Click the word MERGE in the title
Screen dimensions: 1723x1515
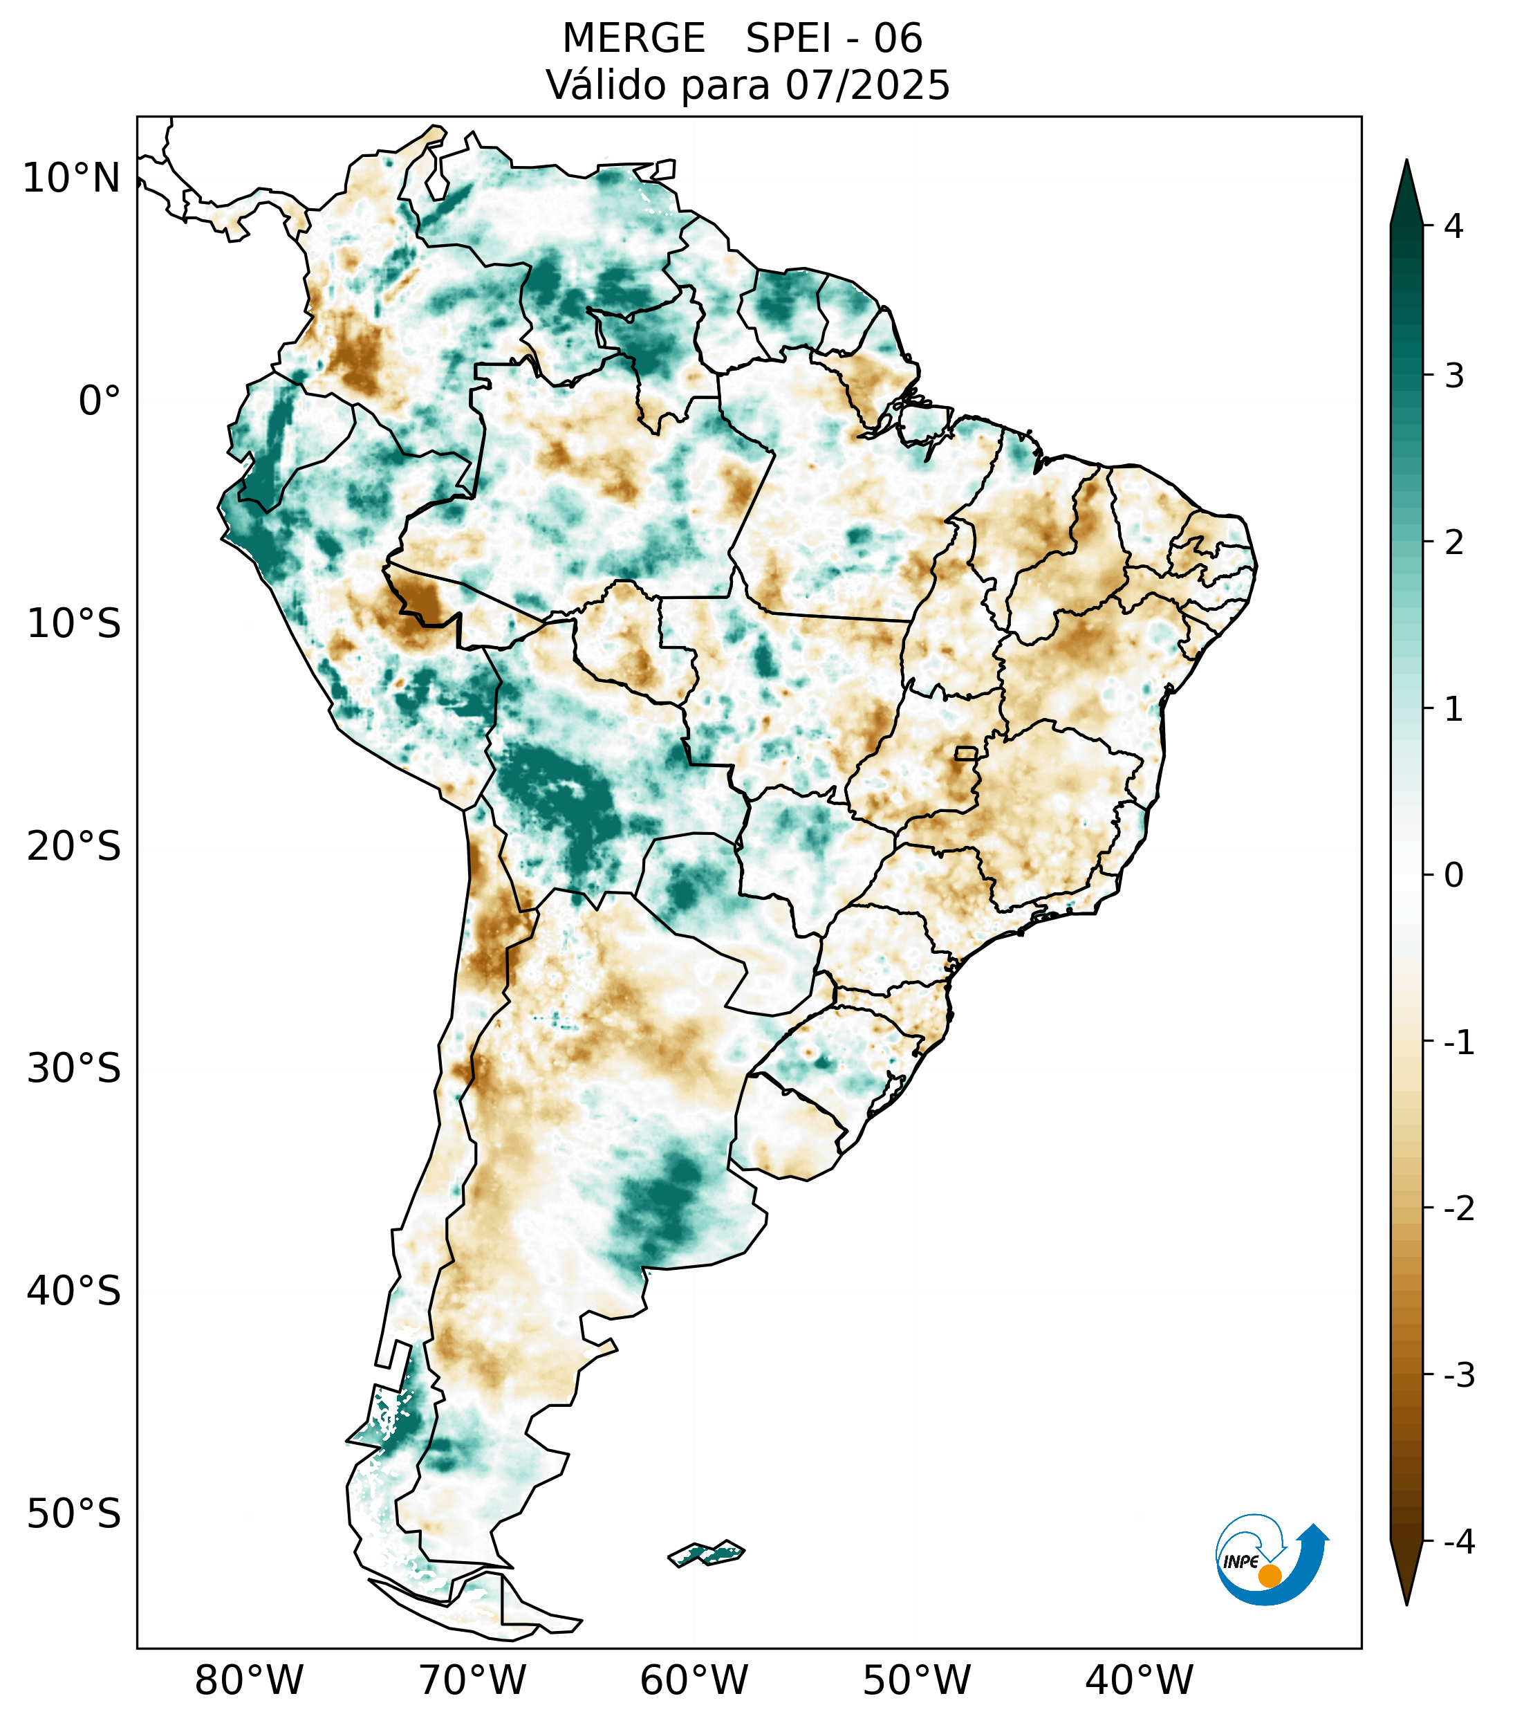tap(633, 39)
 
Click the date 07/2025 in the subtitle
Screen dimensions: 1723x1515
tap(868, 85)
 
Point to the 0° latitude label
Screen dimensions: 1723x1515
tap(100, 401)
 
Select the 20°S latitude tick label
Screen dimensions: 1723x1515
tap(74, 847)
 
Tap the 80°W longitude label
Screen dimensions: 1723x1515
tap(250, 1680)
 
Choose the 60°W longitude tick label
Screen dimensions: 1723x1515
tap(694, 1680)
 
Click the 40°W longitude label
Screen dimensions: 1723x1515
tap(1140, 1680)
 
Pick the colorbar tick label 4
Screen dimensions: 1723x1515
tap(1453, 226)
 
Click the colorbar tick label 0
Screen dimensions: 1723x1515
tap(1453, 876)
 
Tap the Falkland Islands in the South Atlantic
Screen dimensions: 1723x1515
tap(706, 1553)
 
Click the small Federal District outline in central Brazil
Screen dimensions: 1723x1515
tap(965, 753)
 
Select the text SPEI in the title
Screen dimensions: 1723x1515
tap(788, 39)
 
